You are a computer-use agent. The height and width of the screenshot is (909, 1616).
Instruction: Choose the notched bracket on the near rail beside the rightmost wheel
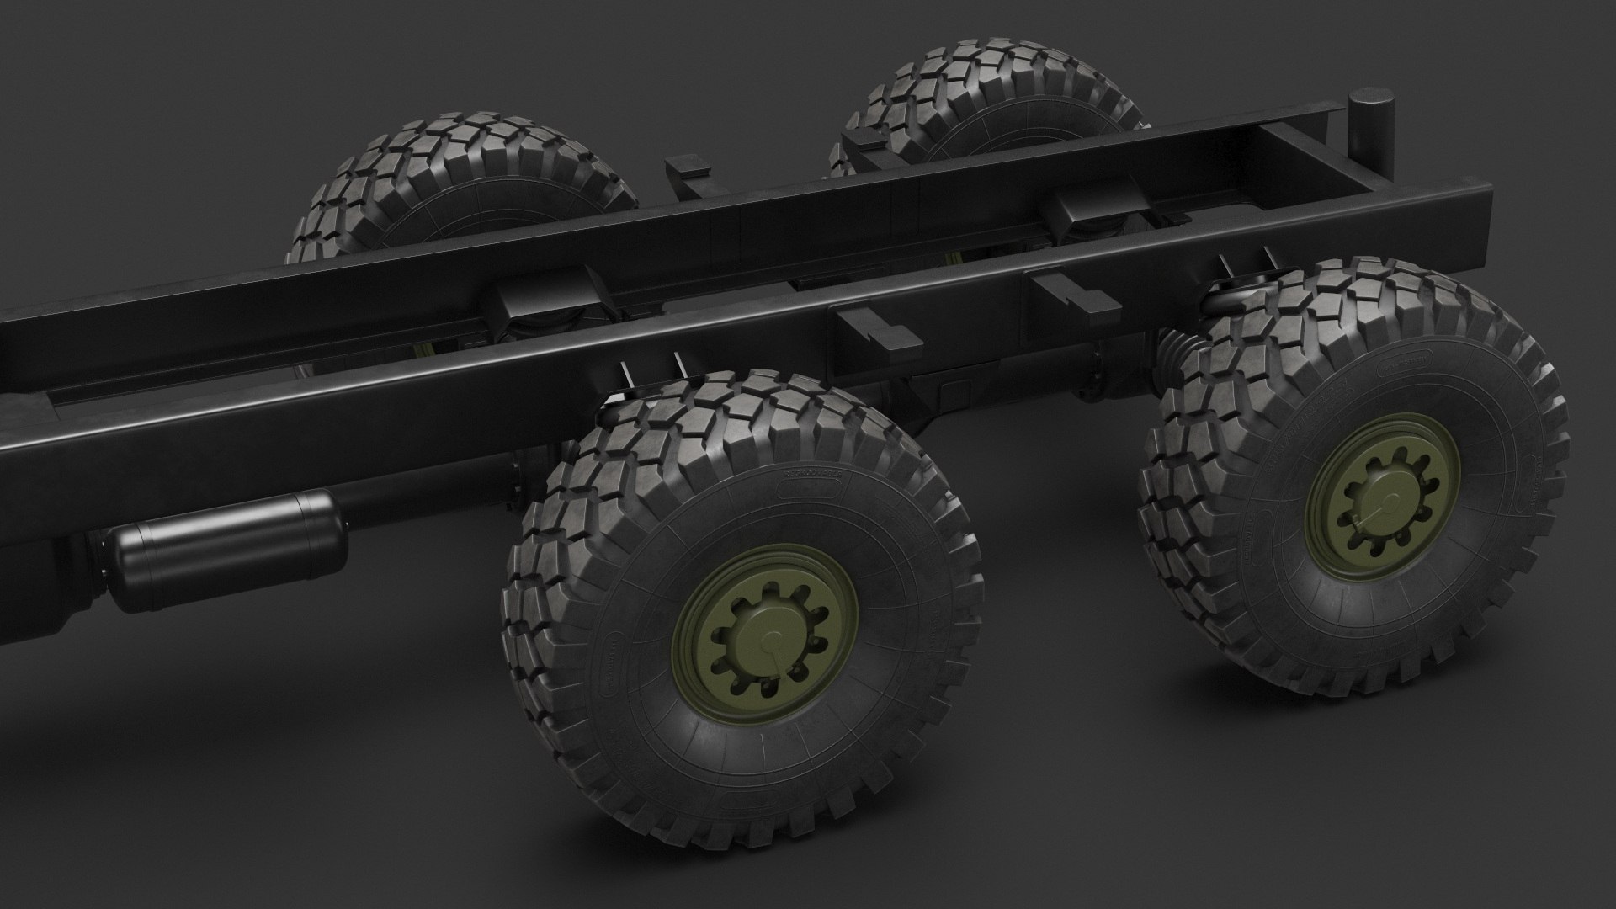coord(1076,295)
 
